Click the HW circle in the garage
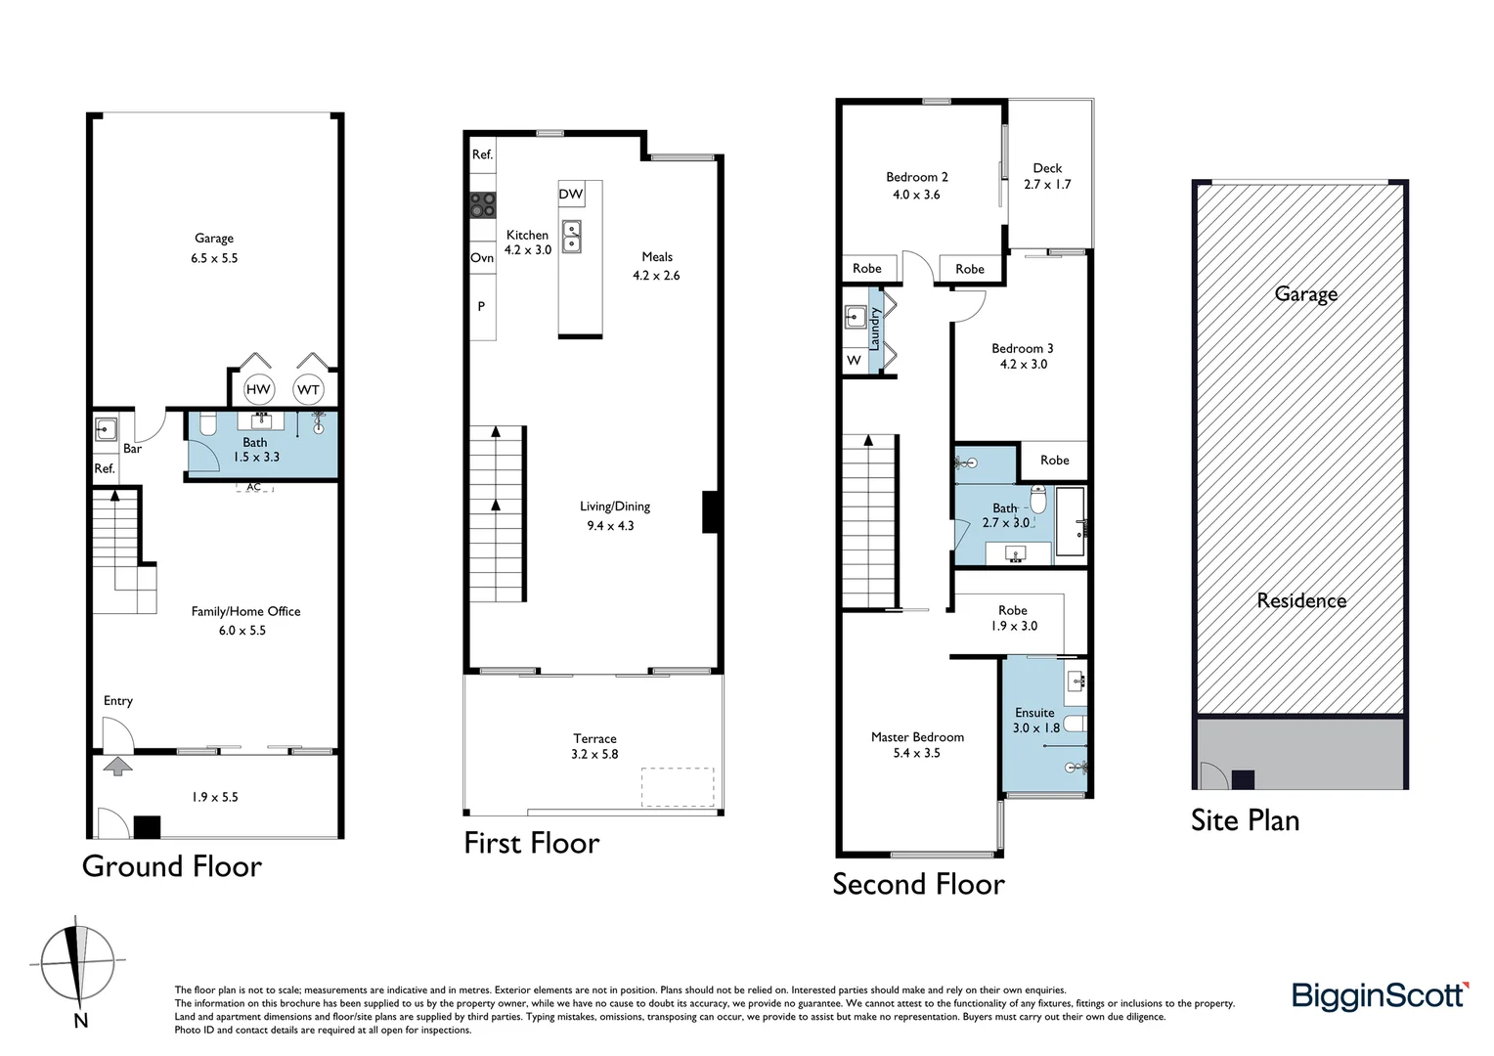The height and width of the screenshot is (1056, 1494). coord(258,389)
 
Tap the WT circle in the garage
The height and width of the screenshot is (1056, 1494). coord(308,389)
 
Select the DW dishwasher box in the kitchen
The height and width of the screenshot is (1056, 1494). coord(571,194)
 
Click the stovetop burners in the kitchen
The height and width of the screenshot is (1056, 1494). coord(482,204)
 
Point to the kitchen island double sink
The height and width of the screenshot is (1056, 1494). coord(571,236)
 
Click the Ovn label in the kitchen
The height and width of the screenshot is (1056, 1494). coord(482,257)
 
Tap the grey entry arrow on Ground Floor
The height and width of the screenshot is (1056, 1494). coord(117,766)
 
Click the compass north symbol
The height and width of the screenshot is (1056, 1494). coord(77,963)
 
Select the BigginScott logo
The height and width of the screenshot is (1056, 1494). coord(1380,995)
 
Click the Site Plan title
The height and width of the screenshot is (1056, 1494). coord(1245,819)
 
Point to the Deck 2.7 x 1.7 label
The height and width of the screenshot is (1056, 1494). coord(1047,176)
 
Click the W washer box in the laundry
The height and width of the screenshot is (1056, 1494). coord(854,360)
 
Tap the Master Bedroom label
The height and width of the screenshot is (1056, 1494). coord(917,744)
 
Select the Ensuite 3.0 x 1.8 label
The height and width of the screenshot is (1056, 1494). coord(1035,720)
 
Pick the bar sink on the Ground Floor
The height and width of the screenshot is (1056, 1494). coord(106,428)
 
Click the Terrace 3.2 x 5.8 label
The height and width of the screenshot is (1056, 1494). coord(594,746)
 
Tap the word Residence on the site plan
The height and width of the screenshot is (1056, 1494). coord(1301,600)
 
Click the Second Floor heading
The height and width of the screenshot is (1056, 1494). coord(918,884)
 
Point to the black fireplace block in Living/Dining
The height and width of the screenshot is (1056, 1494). coord(712,511)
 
